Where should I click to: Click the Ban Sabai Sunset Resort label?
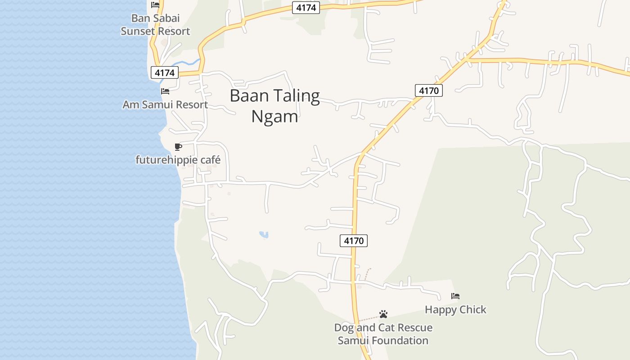155,25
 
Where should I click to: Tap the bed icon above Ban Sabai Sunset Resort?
155,5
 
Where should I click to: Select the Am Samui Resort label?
165,105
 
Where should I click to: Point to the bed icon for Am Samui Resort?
165,91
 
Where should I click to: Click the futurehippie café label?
178,160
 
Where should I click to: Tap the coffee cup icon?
178,147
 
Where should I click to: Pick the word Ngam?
274,117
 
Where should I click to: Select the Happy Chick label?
455,310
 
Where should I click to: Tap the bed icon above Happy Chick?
455,296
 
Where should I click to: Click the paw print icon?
383,314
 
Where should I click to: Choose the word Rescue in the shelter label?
411,328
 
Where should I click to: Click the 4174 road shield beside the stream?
165,72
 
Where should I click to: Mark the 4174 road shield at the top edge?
306,8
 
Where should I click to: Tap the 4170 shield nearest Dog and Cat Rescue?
354,241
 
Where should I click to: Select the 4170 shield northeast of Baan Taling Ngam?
429,90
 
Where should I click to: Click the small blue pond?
264,234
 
